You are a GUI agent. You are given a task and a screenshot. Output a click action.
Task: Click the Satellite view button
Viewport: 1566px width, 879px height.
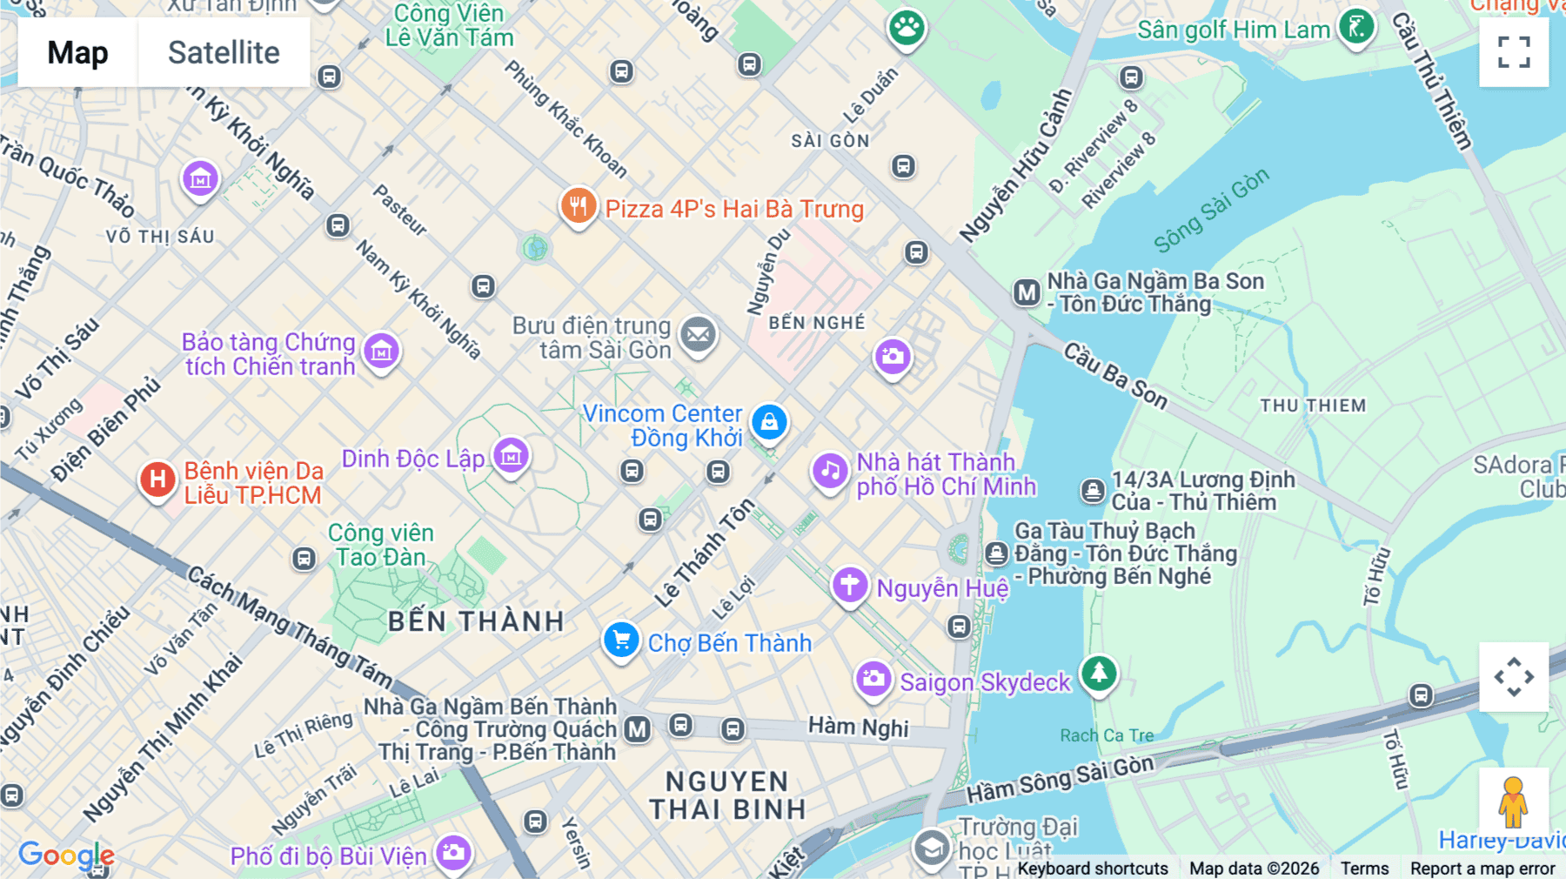224,52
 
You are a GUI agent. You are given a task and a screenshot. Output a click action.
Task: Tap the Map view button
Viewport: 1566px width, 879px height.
77,52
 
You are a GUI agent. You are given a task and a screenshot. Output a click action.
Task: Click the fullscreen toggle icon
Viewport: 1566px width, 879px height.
1514,52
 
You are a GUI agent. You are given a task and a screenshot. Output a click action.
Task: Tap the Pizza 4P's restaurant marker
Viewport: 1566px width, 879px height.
578,206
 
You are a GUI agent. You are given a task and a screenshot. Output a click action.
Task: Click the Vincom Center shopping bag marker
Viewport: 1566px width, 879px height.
769,423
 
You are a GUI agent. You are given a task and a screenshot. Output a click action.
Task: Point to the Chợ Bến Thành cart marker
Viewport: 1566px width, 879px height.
621,641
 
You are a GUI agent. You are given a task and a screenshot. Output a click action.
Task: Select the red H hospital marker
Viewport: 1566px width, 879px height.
157,480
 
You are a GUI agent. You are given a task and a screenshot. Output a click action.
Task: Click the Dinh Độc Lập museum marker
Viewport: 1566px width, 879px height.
511,455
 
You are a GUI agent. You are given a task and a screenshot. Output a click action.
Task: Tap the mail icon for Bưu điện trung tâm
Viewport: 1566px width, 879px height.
698,334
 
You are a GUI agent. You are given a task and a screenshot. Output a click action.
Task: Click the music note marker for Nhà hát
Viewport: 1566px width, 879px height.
830,472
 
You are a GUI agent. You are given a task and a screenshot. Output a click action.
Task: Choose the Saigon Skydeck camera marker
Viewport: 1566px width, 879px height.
873,679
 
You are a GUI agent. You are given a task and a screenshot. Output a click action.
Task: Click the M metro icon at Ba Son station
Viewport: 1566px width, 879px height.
1027,292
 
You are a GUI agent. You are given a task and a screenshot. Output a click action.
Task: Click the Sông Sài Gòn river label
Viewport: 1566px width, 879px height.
1211,210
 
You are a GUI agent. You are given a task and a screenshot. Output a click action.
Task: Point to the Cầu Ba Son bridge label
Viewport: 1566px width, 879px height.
1115,376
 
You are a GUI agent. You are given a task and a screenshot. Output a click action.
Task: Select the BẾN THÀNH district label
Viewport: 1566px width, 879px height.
476,621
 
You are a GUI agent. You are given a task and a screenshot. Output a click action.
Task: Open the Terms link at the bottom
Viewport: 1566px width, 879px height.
1364,868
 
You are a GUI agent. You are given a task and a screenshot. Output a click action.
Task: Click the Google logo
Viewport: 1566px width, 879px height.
66,855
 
